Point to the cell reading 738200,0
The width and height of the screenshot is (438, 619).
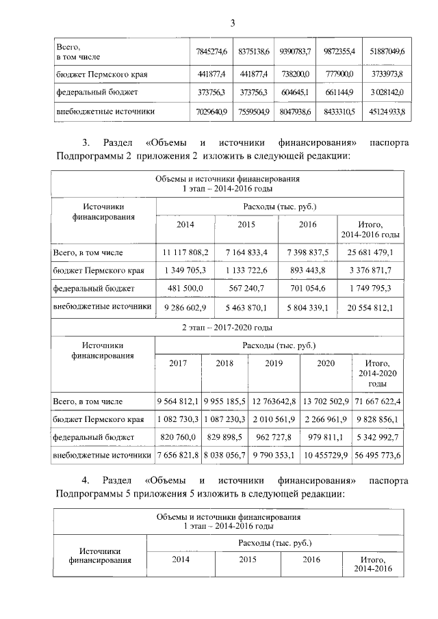coord(295,73)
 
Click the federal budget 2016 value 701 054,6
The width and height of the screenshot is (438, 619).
coord(307,289)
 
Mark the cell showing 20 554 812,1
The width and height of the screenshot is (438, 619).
coord(370,306)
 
